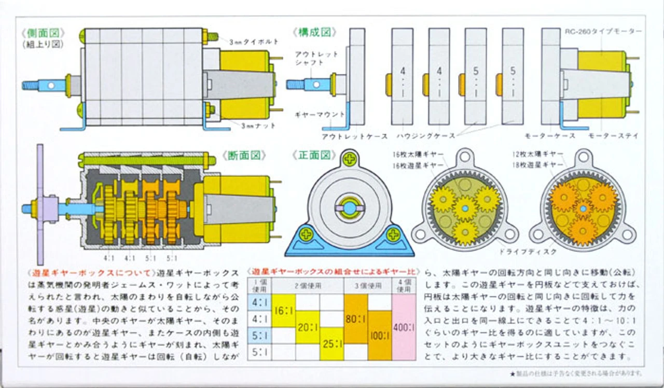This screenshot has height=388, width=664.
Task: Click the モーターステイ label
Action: (x=613, y=136)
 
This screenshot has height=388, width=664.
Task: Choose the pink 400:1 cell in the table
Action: (x=405, y=328)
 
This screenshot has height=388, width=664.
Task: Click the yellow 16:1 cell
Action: (x=283, y=311)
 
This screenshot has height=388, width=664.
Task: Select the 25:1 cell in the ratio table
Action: (x=331, y=344)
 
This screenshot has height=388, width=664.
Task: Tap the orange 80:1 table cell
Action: (x=356, y=320)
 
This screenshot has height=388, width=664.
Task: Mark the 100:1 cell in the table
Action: (x=380, y=335)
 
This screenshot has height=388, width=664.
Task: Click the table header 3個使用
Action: (x=368, y=285)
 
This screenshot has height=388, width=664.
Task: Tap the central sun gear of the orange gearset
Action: (x=583, y=209)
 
